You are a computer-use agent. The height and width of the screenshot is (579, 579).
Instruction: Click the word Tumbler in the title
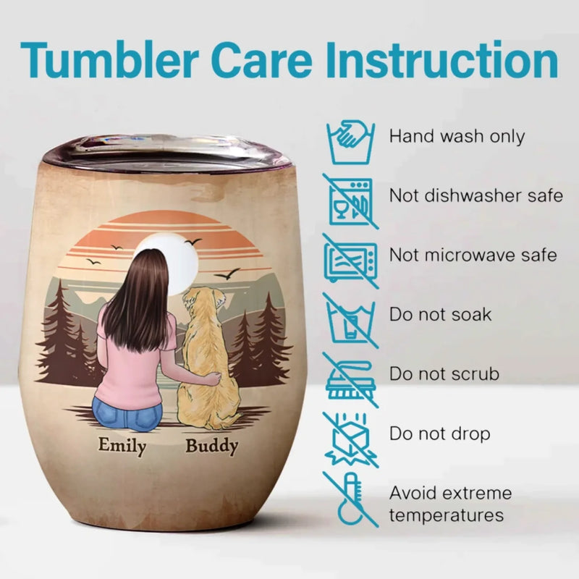click(110, 60)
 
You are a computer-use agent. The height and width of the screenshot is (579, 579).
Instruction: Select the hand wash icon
click(351, 142)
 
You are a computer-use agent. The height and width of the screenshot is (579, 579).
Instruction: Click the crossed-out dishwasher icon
click(351, 201)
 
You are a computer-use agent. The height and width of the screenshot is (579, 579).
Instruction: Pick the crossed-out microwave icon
click(351, 261)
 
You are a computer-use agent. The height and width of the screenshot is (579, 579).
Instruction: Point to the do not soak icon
click(351, 321)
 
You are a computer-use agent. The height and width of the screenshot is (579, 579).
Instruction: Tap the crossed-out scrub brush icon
click(351, 380)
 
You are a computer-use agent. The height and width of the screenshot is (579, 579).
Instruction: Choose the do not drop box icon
click(351, 440)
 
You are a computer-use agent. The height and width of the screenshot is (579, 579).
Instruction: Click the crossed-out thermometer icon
click(351, 499)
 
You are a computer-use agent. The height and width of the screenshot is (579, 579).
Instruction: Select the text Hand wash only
click(457, 137)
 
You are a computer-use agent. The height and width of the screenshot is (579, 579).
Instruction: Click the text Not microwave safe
click(473, 255)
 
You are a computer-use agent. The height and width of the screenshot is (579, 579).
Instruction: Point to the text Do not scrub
click(444, 374)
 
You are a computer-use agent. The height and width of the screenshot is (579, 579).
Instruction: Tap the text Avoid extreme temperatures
click(450, 504)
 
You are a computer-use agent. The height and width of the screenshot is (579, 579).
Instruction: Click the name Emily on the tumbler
click(122, 446)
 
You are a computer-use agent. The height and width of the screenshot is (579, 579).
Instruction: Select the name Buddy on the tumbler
click(211, 446)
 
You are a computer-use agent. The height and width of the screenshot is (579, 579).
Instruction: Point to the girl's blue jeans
click(127, 413)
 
